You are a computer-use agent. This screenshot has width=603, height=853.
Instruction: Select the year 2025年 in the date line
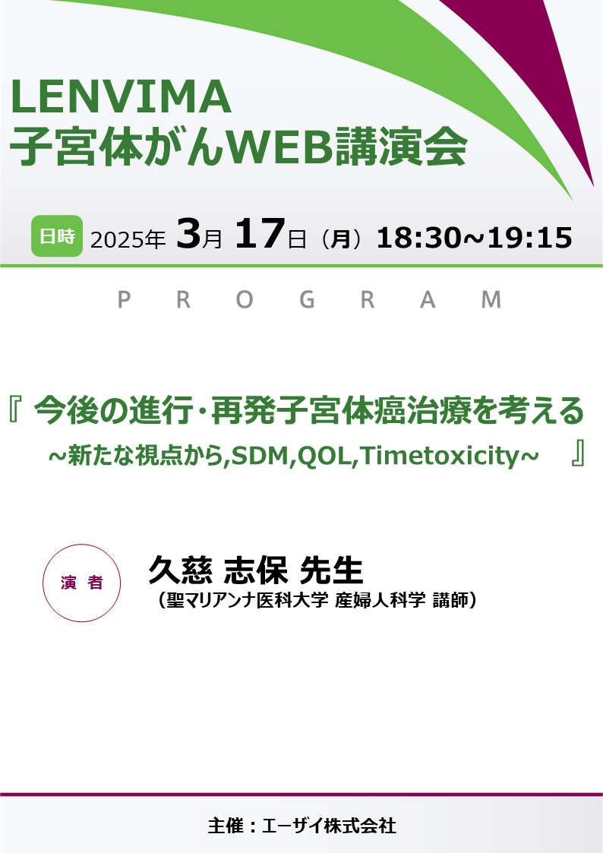point(128,239)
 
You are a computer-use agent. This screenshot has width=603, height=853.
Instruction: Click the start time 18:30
point(416,238)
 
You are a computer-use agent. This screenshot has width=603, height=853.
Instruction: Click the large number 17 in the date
point(260,235)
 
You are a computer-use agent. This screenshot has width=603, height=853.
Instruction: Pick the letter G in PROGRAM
point(307,301)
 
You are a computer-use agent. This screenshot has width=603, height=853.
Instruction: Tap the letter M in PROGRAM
point(492,301)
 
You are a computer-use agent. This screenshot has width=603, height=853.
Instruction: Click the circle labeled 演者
point(83,583)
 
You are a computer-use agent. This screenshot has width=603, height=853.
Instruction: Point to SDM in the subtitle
point(257,455)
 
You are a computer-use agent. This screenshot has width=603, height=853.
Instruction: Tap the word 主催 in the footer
point(224,826)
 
